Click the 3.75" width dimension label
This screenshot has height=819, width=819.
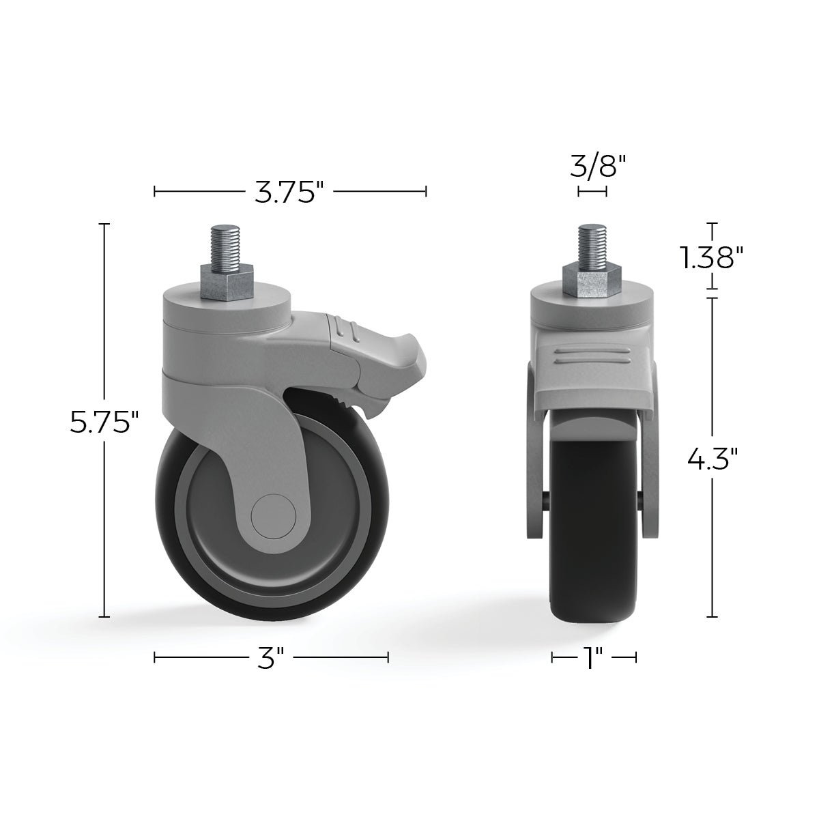289,192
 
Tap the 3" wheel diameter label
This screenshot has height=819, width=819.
271,658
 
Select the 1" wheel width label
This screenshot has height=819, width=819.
594,658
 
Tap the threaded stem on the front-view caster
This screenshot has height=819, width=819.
592,243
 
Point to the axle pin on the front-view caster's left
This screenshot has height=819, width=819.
545,500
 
